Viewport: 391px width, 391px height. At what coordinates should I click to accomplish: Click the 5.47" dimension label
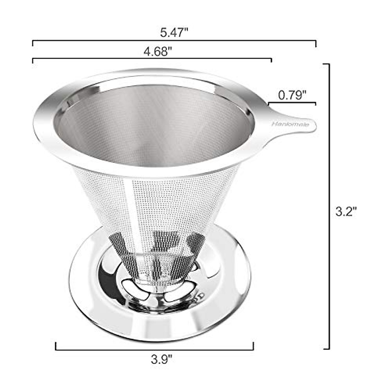174,33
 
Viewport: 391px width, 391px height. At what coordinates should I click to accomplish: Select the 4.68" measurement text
158,52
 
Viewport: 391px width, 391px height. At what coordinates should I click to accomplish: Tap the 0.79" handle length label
293,95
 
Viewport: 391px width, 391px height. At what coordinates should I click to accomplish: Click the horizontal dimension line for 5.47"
174,41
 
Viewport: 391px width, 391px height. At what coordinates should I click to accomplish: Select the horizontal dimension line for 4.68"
152,59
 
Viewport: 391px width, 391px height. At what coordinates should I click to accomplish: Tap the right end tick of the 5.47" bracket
316,44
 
